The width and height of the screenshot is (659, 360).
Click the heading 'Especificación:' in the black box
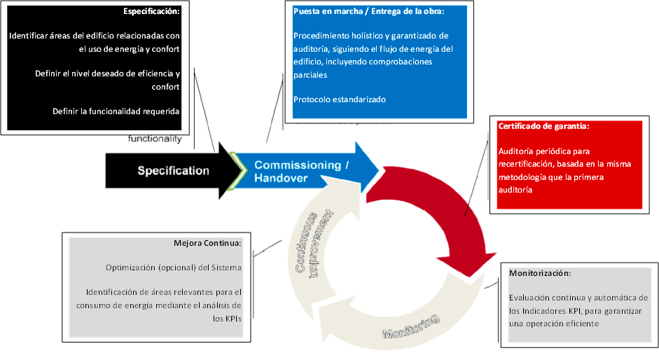tap(151, 12)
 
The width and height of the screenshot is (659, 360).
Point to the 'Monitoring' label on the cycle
tap(411, 326)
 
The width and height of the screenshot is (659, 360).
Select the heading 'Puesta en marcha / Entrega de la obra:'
tap(368, 12)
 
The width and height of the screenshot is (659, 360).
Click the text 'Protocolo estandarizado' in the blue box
tap(339, 99)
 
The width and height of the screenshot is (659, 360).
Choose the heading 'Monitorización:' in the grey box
tap(539, 272)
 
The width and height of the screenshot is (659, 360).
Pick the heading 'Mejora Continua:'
tap(207, 243)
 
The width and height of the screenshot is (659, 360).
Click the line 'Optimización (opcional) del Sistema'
tap(173, 268)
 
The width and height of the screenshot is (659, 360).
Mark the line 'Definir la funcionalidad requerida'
tap(116, 111)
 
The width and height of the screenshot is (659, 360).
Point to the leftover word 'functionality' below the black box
tap(155, 138)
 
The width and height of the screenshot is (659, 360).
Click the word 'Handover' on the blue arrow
tap(281, 179)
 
